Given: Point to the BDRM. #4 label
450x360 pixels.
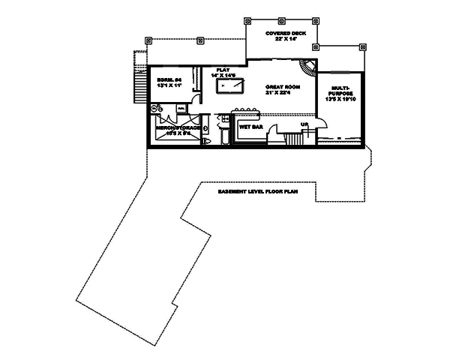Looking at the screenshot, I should pyautogui.click(x=169, y=79).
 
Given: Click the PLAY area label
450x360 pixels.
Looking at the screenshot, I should pyautogui.click(x=223, y=68).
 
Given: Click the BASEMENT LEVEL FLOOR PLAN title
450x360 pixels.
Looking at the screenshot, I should pyautogui.click(x=258, y=192).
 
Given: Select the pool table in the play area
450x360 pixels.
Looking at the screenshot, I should pyautogui.click(x=229, y=88).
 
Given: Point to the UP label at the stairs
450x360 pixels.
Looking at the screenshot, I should pyautogui.click(x=304, y=124).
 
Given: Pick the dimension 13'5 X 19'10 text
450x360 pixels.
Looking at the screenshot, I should pyautogui.click(x=339, y=106).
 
